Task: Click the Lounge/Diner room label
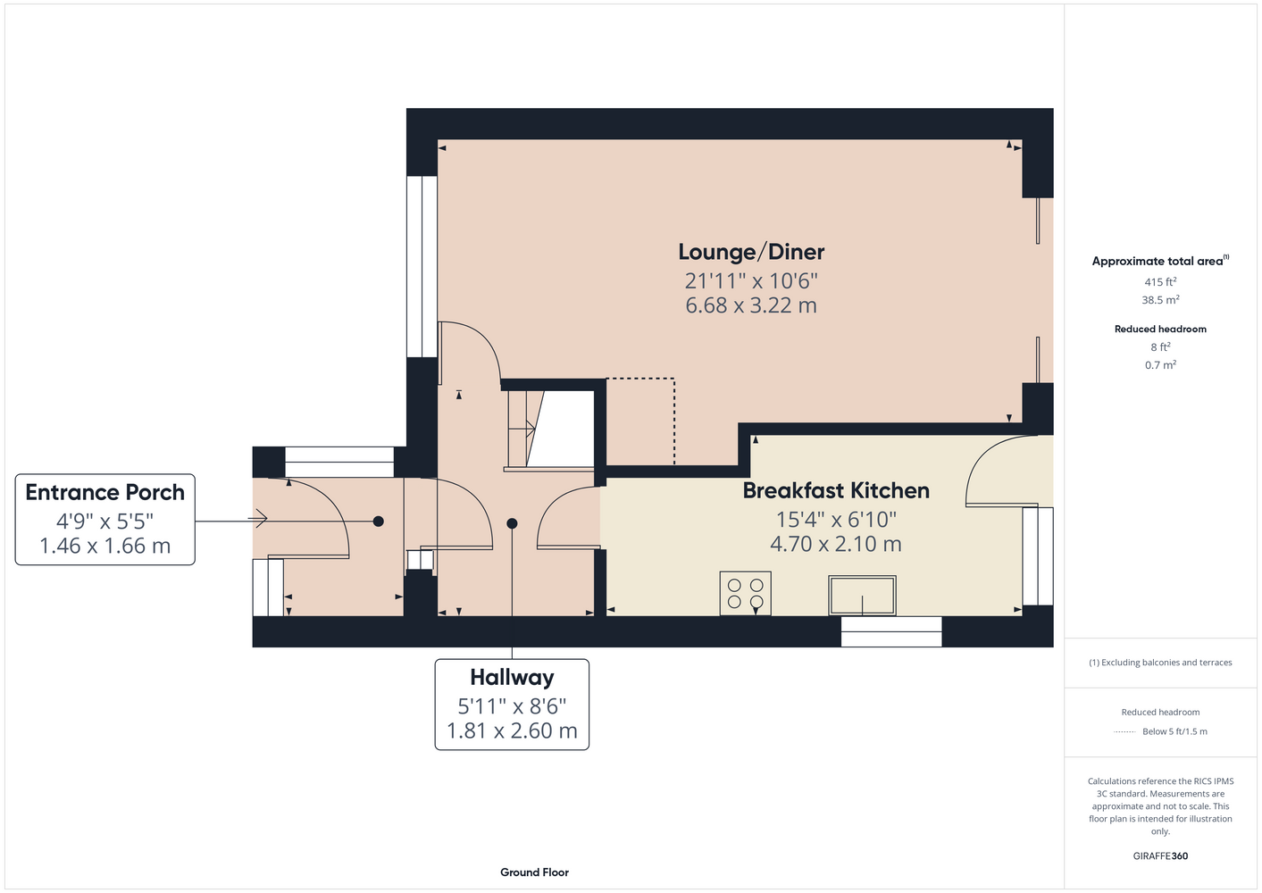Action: click(x=751, y=252)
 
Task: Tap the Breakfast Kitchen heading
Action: click(x=835, y=491)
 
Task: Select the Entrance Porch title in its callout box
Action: click(x=104, y=492)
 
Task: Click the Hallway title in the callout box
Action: click(x=512, y=678)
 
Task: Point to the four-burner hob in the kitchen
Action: click(x=746, y=593)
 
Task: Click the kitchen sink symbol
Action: click(x=862, y=595)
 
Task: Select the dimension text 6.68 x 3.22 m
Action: click(x=751, y=305)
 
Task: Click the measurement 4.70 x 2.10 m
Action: click(x=835, y=544)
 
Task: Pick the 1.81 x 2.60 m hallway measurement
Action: click(x=512, y=730)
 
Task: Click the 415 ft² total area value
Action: click(x=1160, y=281)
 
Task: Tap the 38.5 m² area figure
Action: click(x=1160, y=300)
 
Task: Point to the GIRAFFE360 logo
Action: click(x=1160, y=855)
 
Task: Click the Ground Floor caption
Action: click(x=534, y=872)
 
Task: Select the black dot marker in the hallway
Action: click(x=512, y=523)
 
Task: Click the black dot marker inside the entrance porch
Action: click(x=379, y=522)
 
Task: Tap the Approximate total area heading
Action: click(x=1160, y=261)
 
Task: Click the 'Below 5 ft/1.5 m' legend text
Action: click(x=1174, y=731)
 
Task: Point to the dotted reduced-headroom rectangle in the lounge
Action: click(x=674, y=421)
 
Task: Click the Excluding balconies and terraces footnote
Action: click(x=1160, y=663)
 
